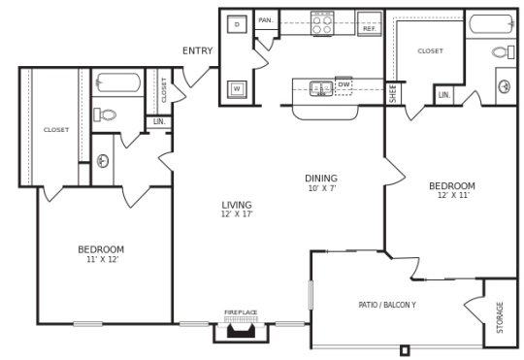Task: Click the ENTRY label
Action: click(x=197, y=51)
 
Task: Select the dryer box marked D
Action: click(x=237, y=24)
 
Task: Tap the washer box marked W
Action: click(x=237, y=89)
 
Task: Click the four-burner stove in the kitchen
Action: click(x=322, y=23)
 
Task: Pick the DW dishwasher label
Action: click(x=344, y=85)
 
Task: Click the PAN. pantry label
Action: click(x=265, y=20)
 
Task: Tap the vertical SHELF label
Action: click(x=393, y=93)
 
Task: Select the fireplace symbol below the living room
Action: click(x=241, y=330)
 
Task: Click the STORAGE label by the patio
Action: click(x=500, y=315)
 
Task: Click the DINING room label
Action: click(x=321, y=179)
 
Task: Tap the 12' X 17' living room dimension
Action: click(x=237, y=214)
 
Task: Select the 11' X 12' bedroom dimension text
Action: click(x=101, y=260)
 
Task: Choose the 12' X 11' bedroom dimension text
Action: click(x=452, y=195)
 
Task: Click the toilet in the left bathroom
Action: click(x=106, y=114)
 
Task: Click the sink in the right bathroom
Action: click(x=505, y=86)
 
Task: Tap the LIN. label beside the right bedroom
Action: click(x=444, y=95)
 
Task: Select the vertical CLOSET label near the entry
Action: click(x=165, y=89)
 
